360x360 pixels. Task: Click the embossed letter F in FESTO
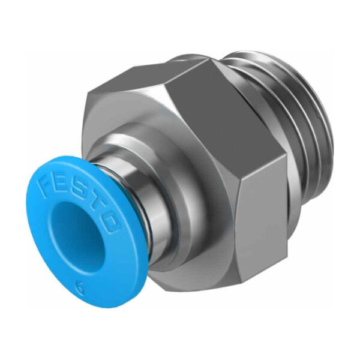[x=47, y=181]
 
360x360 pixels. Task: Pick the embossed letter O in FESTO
[x=110, y=223]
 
